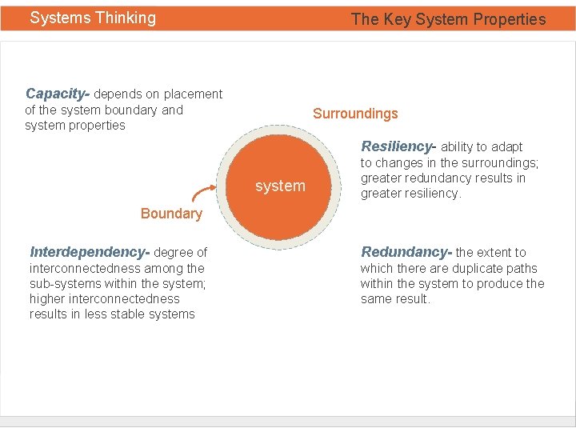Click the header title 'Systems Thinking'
pyautogui.click(x=93, y=18)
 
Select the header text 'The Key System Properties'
pyautogui.click(x=448, y=19)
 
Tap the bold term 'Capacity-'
pyautogui.click(x=58, y=94)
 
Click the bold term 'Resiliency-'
pyautogui.click(x=398, y=146)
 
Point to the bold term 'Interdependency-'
pyautogui.click(x=89, y=252)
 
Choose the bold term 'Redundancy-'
pyautogui.click(x=406, y=252)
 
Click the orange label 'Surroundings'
pyautogui.click(x=355, y=114)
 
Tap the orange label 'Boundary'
pyautogui.click(x=171, y=214)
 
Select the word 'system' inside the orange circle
pyautogui.click(x=280, y=186)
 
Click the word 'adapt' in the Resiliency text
pyautogui.click(x=506, y=147)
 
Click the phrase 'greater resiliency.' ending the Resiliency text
pyautogui.click(x=410, y=194)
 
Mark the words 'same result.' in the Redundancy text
pyautogui.click(x=395, y=299)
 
